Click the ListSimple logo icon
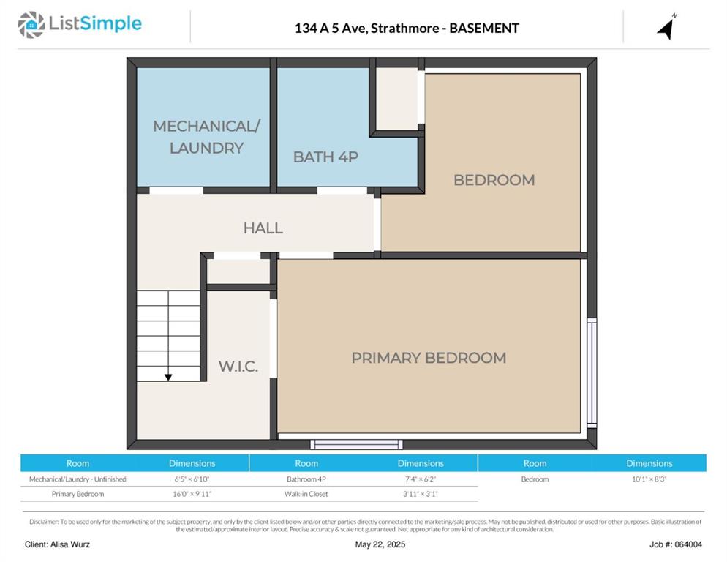tap(31, 25)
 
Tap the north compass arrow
tap(666, 29)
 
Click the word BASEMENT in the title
tap(484, 29)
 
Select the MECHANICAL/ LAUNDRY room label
tap(206, 137)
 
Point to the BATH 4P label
tap(325, 157)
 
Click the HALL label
tap(263, 228)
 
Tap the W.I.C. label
tap(238, 366)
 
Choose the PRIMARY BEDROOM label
tap(429, 358)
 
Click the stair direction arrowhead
tap(168, 378)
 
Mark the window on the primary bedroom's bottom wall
tap(356, 444)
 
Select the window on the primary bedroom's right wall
tap(592, 372)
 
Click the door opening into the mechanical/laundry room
tap(176, 190)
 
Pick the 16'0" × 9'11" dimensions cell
tap(192, 494)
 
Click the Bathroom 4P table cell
tap(306, 479)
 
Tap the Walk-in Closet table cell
tap(306, 494)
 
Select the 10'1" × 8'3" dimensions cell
tap(649, 479)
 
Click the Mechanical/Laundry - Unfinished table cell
tap(78, 479)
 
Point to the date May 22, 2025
tap(380, 544)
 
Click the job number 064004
tap(688, 544)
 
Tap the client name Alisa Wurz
tap(70, 544)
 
